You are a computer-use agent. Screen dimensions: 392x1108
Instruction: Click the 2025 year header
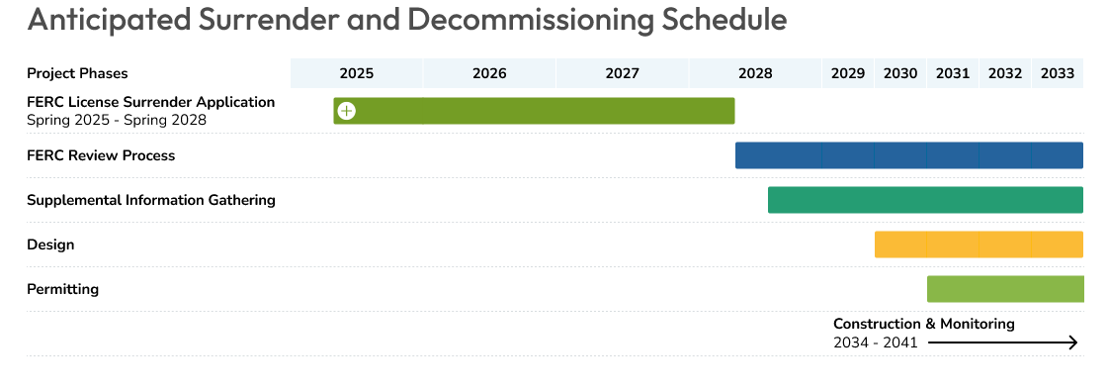pyautogui.click(x=356, y=73)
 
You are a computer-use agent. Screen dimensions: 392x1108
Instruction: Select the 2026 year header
pyautogui.click(x=489, y=73)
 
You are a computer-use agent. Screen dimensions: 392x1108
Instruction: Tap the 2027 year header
pyautogui.click(x=622, y=73)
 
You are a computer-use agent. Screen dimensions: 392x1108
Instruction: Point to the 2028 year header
pyautogui.click(x=755, y=73)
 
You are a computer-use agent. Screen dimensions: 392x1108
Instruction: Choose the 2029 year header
pyautogui.click(x=848, y=73)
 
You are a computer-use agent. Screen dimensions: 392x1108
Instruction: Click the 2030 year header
pyautogui.click(x=900, y=73)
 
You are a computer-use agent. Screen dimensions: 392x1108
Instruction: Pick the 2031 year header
pyautogui.click(x=953, y=73)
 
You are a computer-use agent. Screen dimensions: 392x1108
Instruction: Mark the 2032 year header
pyautogui.click(x=1005, y=73)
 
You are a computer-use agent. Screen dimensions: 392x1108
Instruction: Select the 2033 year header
pyautogui.click(x=1058, y=73)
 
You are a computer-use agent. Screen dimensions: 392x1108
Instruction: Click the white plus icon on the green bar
pyautogui.click(x=346, y=111)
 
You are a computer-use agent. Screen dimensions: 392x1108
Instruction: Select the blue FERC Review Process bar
pyautogui.click(x=909, y=155)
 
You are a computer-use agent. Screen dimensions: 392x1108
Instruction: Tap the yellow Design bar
pyautogui.click(x=979, y=245)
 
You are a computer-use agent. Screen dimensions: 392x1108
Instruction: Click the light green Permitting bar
pyautogui.click(x=1005, y=289)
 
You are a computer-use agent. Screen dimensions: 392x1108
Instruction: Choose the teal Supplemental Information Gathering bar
pyautogui.click(x=925, y=200)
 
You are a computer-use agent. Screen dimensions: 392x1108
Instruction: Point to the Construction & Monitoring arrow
pyautogui.click(x=1002, y=343)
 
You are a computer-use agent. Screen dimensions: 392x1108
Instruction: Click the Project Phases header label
pyautogui.click(x=77, y=73)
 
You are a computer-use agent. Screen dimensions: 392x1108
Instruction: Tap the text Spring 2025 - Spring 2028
pyautogui.click(x=117, y=121)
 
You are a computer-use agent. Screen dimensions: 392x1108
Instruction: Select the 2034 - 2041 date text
pyautogui.click(x=875, y=343)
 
